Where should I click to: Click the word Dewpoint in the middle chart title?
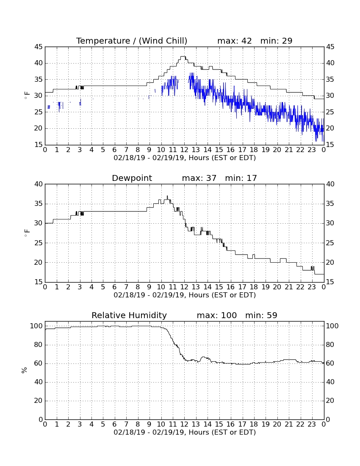(x=132, y=178)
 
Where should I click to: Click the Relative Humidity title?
(x=129, y=315)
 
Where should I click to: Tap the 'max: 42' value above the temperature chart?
(x=235, y=41)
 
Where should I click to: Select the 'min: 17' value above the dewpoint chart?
(x=241, y=178)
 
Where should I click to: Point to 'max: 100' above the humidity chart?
(x=217, y=315)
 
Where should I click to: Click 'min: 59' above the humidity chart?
(x=261, y=315)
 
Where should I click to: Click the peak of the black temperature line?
(x=183, y=56)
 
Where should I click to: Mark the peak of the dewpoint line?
(x=167, y=196)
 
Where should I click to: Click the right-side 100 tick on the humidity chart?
(x=332, y=326)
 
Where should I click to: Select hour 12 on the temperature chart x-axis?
(x=184, y=150)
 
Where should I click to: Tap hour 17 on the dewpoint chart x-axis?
(x=242, y=287)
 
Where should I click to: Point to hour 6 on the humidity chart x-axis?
(x=115, y=424)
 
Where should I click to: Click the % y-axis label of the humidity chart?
(x=25, y=370)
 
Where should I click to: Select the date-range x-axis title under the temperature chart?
(x=185, y=158)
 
